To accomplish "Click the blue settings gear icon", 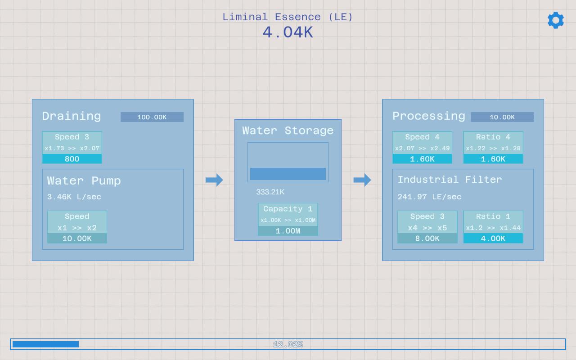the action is [x=556, y=20].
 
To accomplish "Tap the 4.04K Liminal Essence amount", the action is [x=288, y=33].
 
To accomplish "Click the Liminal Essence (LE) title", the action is [x=288, y=17].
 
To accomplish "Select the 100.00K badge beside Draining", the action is [x=152, y=117].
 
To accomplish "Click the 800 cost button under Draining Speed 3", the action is [x=72, y=159].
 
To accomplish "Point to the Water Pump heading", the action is [x=84, y=181].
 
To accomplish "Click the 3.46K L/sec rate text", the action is [x=74, y=197].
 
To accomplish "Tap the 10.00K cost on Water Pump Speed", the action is [x=77, y=238].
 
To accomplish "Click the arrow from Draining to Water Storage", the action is [x=214, y=180].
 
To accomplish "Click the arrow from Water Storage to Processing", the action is [x=362, y=180].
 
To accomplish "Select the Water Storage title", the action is [x=288, y=130].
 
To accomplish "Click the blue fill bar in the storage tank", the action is [x=288, y=174].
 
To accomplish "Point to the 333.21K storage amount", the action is [x=270, y=192].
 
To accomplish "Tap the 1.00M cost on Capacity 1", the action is [x=288, y=231].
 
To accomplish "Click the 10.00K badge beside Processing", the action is [x=502, y=117].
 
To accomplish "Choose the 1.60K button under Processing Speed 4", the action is [x=422, y=159].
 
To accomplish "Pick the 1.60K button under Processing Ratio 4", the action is [x=493, y=159].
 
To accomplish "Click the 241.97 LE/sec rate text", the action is [x=429, y=197].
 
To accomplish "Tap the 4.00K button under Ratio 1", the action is [x=493, y=238].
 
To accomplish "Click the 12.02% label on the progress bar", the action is [x=288, y=344].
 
